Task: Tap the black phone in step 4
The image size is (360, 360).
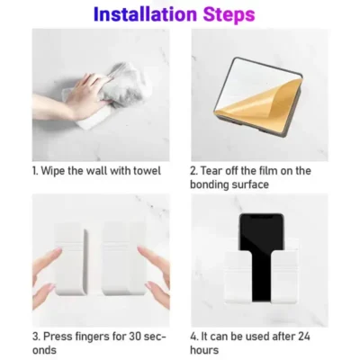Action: pyautogui.click(x=260, y=256)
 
